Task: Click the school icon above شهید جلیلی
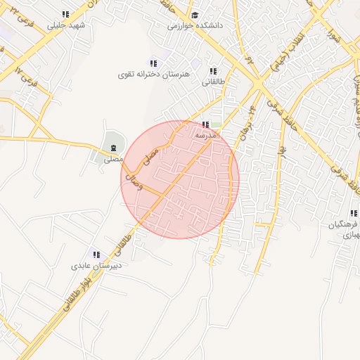(65, 14)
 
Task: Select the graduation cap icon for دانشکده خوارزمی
(195, 15)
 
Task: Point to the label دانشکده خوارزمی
(195, 25)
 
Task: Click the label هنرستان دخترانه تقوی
(155, 74)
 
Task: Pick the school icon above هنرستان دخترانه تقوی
(154, 63)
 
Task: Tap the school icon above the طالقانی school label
(213, 71)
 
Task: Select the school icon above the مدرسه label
(205, 124)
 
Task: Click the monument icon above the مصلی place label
(113, 148)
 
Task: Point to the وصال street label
(132, 184)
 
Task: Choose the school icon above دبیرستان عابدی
(96, 255)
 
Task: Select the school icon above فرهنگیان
(353, 214)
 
